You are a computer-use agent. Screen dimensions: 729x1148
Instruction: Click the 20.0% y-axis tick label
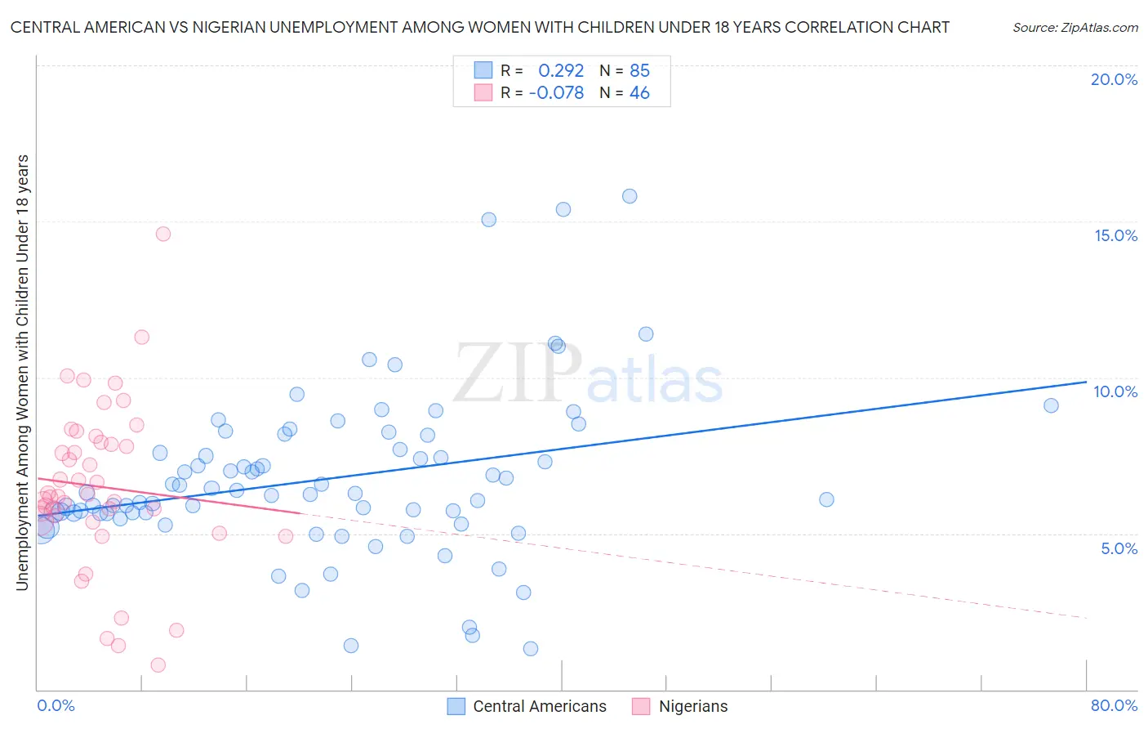click(x=1114, y=79)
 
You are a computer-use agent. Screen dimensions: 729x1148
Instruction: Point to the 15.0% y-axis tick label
click(x=1115, y=235)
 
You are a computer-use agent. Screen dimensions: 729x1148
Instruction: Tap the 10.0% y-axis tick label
click(x=1115, y=391)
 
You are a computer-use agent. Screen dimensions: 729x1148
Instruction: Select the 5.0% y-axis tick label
click(x=1119, y=548)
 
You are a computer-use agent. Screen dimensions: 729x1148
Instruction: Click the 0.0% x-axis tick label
click(x=56, y=705)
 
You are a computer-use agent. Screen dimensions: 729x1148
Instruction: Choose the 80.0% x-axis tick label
click(x=1114, y=705)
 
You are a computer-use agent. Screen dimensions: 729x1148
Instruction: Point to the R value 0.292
click(x=561, y=70)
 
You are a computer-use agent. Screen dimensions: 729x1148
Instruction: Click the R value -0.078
click(x=556, y=93)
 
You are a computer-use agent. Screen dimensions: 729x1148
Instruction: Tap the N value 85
click(x=639, y=70)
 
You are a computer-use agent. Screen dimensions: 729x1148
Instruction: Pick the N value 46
click(x=639, y=93)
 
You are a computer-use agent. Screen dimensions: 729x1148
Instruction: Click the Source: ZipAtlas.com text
click(x=1075, y=28)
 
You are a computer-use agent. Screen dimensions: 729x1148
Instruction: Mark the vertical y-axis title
click(x=22, y=372)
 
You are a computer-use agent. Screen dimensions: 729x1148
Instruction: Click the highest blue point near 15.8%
click(x=630, y=196)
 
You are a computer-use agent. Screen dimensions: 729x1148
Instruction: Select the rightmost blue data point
click(x=1051, y=405)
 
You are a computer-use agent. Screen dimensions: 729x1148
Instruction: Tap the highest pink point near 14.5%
click(x=163, y=234)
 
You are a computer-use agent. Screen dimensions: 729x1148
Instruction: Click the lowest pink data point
click(x=158, y=665)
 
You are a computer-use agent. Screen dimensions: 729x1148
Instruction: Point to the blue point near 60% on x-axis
click(x=826, y=499)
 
